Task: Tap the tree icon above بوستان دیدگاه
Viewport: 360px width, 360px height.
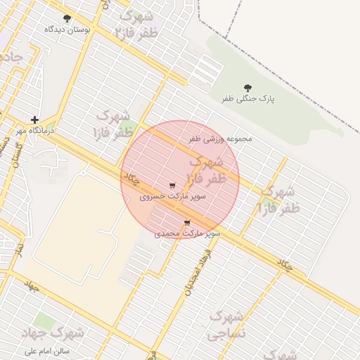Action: [67, 18]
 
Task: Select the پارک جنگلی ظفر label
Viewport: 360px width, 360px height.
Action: [248, 99]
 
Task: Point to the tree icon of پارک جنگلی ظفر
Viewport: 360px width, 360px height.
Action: [248, 87]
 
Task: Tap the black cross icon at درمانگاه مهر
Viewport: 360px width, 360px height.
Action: [34, 120]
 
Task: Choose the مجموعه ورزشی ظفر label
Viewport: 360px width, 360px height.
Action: [220, 139]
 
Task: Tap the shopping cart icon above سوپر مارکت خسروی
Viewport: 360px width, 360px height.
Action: [173, 186]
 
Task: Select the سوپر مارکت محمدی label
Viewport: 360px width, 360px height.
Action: [188, 233]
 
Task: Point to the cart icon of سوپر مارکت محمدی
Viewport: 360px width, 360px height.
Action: [187, 223]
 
